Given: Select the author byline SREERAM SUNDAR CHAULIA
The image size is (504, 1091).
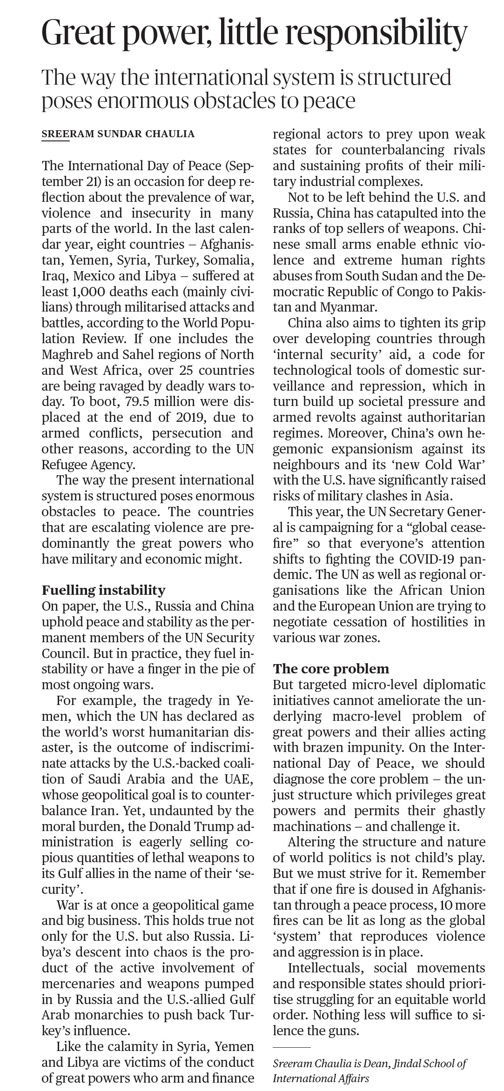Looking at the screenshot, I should pyautogui.click(x=118, y=134).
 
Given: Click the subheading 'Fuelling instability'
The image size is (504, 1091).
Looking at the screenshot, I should pyautogui.click(x=103, y=590).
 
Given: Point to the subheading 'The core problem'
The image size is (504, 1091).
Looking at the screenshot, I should pyautogui.click(x=331, y=669).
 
